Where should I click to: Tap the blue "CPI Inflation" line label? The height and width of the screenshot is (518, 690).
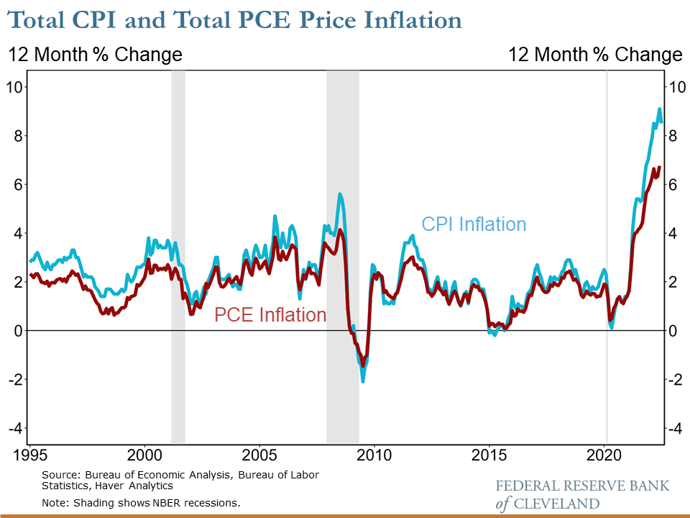pos(474,224)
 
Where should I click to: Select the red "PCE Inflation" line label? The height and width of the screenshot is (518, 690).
pos(270,315)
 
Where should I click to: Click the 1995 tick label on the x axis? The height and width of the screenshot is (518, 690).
pos(29,455)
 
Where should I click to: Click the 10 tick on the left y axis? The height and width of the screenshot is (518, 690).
pos(15,87)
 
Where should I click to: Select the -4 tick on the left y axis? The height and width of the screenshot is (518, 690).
pos(15,428)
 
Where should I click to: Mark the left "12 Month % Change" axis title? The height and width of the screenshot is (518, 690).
pos(95,55)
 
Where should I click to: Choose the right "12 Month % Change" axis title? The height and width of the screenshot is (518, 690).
pos(595,55)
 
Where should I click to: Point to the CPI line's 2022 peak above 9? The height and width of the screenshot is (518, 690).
pos(659,109)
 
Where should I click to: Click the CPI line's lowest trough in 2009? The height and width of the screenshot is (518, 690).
pos(363,380)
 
